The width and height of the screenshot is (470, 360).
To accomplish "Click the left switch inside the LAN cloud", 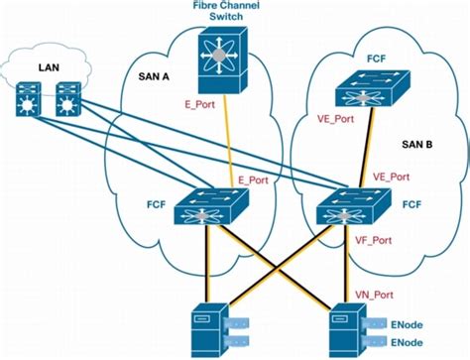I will pos(28,99).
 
